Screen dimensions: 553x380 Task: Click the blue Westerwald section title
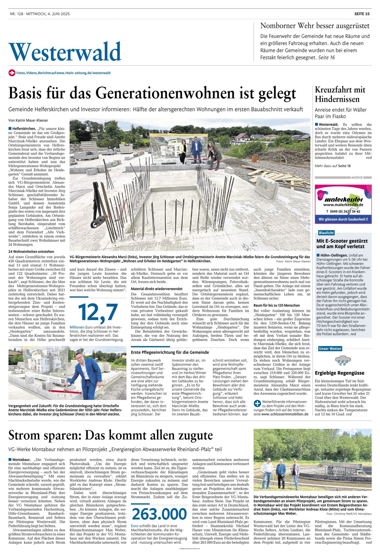(x=65, y=52)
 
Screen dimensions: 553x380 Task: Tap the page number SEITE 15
(x=362, y=14)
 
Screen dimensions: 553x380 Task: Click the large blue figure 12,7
(x=98, y=312)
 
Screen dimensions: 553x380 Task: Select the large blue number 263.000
(x=159, y=514)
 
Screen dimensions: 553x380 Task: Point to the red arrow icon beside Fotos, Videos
(x=12, y=73)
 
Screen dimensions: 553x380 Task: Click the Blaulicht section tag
(x=326, y=233)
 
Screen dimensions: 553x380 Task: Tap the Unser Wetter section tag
(x=330, y=349)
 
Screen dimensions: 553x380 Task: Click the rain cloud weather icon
(x=343, y=360)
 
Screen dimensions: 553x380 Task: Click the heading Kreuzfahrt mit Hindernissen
(x=340, y=94)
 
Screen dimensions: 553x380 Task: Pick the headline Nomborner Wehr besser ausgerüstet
(x=314, y=26)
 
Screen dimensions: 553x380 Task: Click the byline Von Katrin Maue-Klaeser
(x=28, y=120)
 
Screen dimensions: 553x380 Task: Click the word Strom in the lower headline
(x=24, y=436)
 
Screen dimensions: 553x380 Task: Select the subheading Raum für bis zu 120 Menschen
(x=277, y=305)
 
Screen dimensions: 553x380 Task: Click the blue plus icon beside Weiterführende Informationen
(x=257, y=403)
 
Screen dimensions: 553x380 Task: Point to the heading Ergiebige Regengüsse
(x=339, y=373)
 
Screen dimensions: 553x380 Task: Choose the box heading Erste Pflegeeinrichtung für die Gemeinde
(x=170, y=352)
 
